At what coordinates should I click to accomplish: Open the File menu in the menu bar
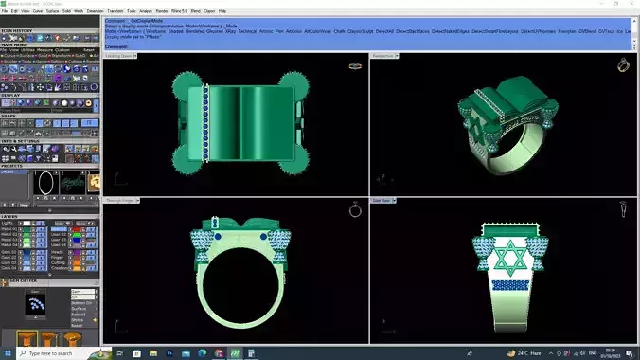tap(6, 10)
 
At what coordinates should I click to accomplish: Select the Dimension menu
tap(96, 10)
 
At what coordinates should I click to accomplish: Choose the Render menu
tap(161, 10)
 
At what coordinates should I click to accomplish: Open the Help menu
tap(222, 10)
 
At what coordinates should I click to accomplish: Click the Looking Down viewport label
tap(119, 56)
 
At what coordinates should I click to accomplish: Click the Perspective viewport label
tap(383, 56)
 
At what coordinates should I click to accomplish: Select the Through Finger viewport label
tap(121, 201)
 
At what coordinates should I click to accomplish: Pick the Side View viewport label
tap(382, 201)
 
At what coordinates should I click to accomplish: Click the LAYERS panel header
tap(12, 216)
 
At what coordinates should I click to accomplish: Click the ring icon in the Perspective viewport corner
tap(624, 64)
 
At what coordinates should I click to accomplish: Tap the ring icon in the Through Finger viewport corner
tap(355, 209)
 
